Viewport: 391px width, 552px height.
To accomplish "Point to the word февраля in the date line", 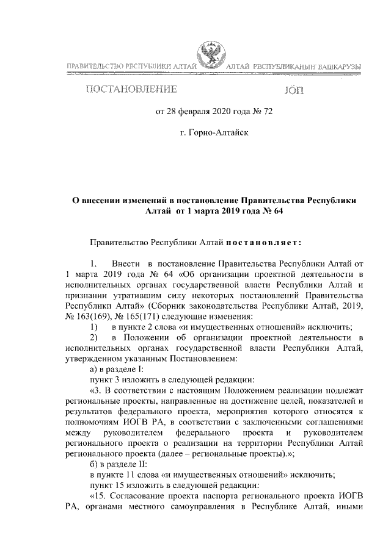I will pyautogui.click(x=190, y=112).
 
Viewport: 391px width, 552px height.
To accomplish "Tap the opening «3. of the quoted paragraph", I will pyautogui.click(x=97, y=390).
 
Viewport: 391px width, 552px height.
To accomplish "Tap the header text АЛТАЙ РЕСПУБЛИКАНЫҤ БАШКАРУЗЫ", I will pyautogui.click(x=292, y=65).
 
